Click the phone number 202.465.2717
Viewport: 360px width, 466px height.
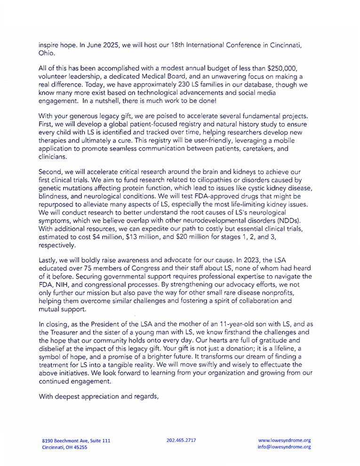(x=181, y=440)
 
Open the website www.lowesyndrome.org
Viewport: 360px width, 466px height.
(x=284, y=440)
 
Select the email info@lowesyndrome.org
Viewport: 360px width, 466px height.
(x=284, y=447)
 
